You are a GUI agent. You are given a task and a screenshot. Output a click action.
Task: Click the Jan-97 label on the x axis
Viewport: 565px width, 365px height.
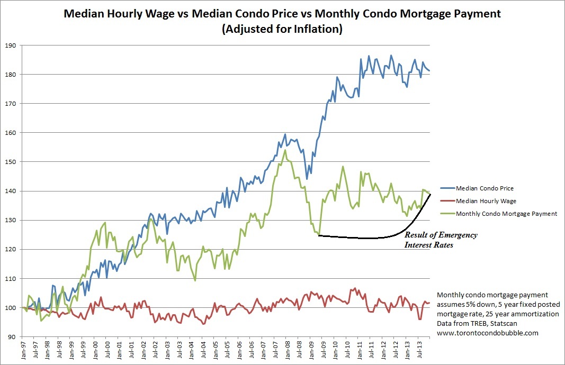[x=23, y=350]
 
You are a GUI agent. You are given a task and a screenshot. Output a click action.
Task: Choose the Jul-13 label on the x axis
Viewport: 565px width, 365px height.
[x=418, y=350]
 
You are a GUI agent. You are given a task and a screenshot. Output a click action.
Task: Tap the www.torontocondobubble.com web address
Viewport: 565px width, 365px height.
[x=487, y=333]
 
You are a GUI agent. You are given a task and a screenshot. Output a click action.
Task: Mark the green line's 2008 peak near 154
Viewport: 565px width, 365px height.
[x=285, y=150]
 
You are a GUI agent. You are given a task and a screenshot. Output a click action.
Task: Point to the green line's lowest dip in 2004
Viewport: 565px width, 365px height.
[x=195, y=280]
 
